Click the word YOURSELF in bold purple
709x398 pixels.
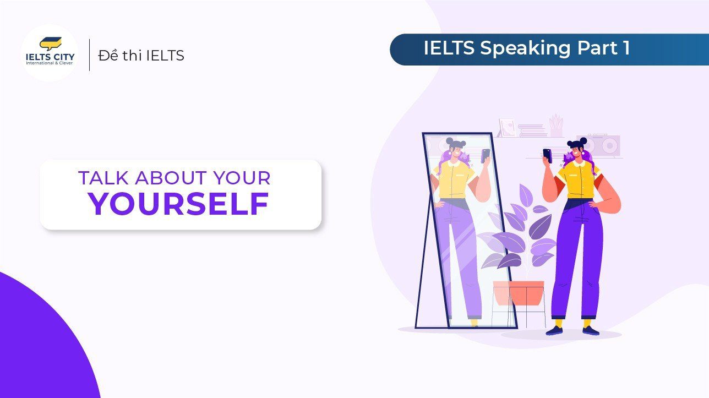pyautogui.click(x=179, y=204)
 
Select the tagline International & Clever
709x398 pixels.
pyautogui.click(x=50, y=63)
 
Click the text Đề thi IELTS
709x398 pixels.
pyautogui.click(x=141, y=56)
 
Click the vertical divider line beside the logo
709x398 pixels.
pyautogui.click(x=90, y=55)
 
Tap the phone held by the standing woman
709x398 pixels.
pyautogui.click(x=547, y=155)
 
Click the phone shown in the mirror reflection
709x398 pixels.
pyautogui.click(x=485, y=155)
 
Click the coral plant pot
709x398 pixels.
pyautogui.click(x=518, y=292)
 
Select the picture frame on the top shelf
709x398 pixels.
pyautogui.click(x=506, y=128)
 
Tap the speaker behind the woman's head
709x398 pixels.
pyautogui.click(x=603, y=145)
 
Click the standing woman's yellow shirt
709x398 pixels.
pyautogui.click(x=576, y=179)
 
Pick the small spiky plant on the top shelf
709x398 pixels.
pyautogui.click(x=557, y=126)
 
